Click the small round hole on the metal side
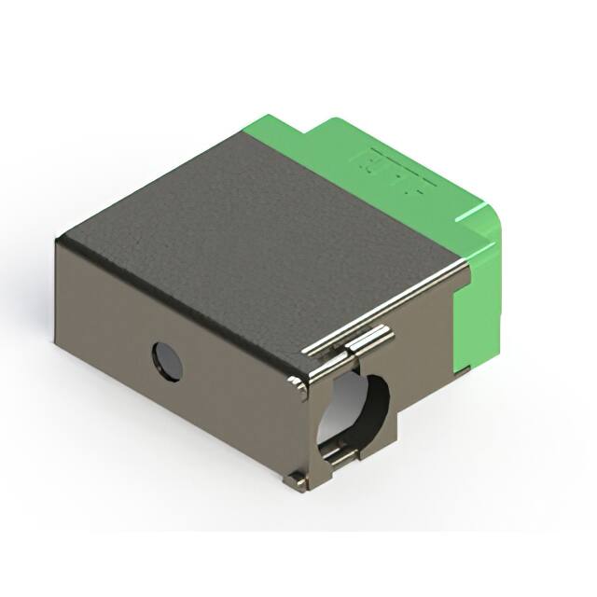click(x=167, y=361)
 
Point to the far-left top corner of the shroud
click(x=59, y=240)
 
